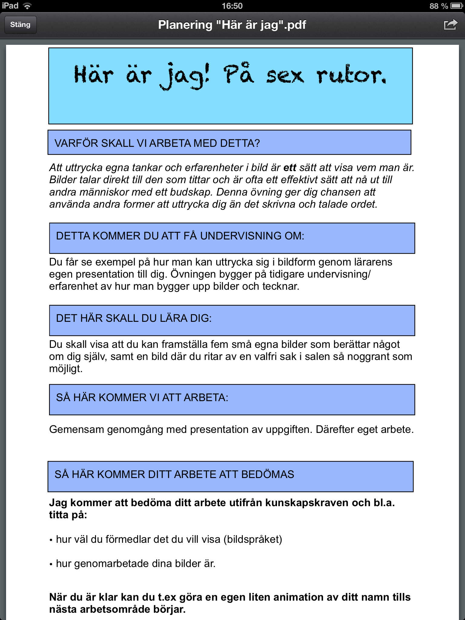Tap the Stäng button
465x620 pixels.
(20, 25)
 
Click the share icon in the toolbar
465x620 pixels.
(450, 25)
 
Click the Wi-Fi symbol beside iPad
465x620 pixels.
(27, 6)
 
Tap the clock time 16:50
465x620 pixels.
(232, 6)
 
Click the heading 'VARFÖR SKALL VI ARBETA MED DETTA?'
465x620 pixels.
(157, 143)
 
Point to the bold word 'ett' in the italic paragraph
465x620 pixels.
(290, 167)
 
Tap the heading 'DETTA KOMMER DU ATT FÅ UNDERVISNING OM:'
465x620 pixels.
(180, 236)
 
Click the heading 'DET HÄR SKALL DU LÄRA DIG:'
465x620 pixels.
(134, 318)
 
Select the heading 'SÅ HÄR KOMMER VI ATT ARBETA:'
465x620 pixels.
(142, 397)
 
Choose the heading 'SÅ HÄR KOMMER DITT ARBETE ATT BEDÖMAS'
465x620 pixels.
(174, 474)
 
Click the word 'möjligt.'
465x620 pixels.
(66, 369)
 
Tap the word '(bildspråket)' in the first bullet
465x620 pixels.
(253, 539)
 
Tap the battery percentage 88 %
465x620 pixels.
(438, 6)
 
